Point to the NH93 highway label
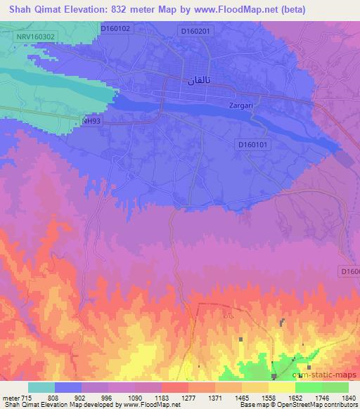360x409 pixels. point(91,121)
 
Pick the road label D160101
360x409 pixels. point(252,145)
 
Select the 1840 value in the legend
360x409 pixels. point(348,398)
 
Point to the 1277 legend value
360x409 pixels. point(188,398)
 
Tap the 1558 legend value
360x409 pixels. point(268,398)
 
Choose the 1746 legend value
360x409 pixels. point(321,398)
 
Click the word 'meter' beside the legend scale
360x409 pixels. point(11,398)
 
